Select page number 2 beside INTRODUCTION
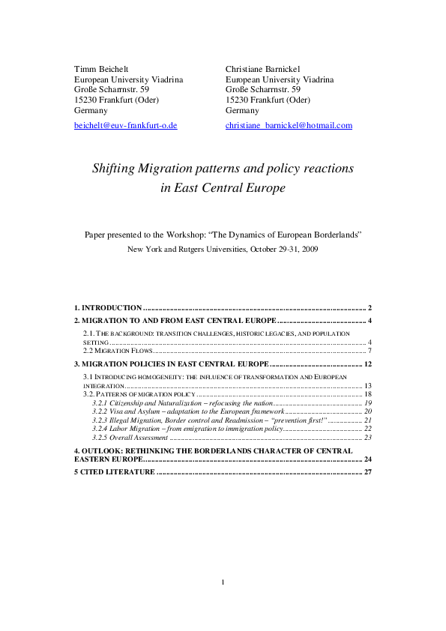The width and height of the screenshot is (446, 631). click(x=370, y=308)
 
